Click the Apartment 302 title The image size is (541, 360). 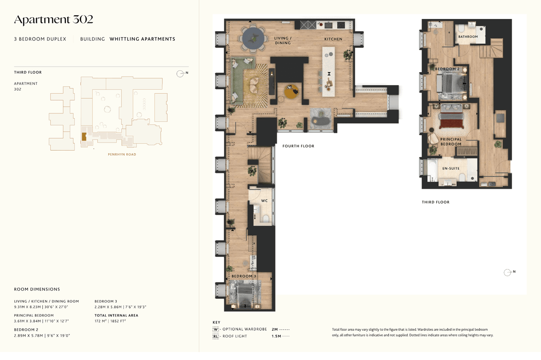point(53,20)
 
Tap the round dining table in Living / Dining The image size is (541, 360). point(253,38)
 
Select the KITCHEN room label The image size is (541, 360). point(333,39)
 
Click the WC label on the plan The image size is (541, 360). point(264,201)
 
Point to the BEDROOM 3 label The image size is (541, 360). point(244,276)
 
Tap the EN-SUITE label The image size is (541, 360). point(451,169)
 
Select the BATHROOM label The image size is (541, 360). point(468,36)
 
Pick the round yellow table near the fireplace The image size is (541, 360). point(291,91)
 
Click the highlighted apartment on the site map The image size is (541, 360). point(84,137)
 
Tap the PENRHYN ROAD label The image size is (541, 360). point(122,155)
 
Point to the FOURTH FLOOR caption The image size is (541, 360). point(298,146)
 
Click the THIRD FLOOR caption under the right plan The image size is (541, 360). point(436,202)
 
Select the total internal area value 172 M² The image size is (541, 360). point(101,321)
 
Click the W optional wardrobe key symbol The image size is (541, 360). point(215,329)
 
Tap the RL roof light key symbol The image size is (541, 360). point(215,336)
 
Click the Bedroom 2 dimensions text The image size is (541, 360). point(42,336)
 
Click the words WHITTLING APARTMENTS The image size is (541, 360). point(142,39)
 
